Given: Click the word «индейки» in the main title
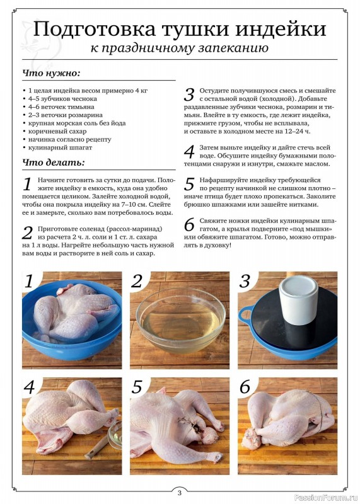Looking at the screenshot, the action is [x=281, y=28].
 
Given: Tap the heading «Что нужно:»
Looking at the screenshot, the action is [x=51, y=73].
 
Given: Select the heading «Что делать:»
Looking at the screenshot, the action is [x=54, y=163].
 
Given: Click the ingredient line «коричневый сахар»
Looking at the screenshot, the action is [x=57, y=131].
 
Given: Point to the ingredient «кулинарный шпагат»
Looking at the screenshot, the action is [x=60, y=147].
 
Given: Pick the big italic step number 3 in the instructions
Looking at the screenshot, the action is [x=189, y=95].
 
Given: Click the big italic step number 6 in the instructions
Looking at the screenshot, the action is [x=190, y=224].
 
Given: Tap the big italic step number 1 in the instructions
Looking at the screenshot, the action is [x=27, y=184].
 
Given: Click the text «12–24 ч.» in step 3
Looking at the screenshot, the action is [x=298, y=131].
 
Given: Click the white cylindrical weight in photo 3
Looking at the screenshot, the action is [x=298, y=300].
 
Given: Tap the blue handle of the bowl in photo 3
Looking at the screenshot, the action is [x=246, y=314].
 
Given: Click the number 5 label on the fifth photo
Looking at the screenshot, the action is [x=137, y=387].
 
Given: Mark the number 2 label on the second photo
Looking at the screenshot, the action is [x=137, y=281].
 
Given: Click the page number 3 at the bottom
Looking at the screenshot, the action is [x=180, y=493].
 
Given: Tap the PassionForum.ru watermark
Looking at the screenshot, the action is [x=325, y=498].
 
